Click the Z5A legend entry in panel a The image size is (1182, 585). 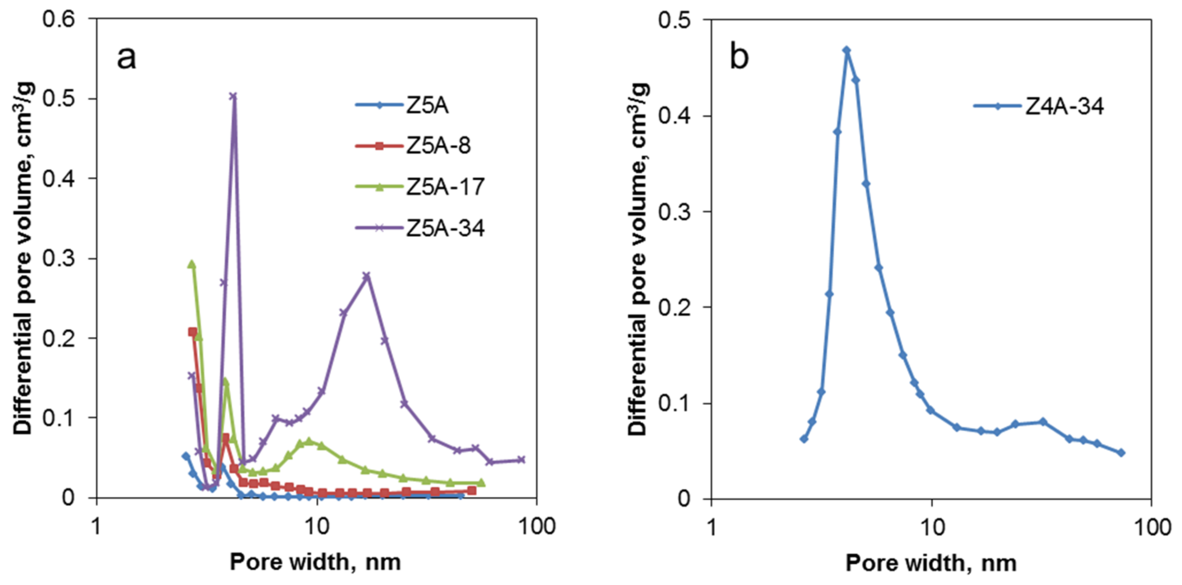427,105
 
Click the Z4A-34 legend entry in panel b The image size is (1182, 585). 1064,106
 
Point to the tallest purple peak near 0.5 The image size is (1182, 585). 234,96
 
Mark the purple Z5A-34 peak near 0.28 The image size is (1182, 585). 366,276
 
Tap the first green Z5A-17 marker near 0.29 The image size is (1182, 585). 192,265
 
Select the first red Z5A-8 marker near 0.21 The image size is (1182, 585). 193,331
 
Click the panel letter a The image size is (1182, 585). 127,58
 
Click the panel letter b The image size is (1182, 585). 739,58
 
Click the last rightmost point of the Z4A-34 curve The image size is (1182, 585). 1121,453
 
